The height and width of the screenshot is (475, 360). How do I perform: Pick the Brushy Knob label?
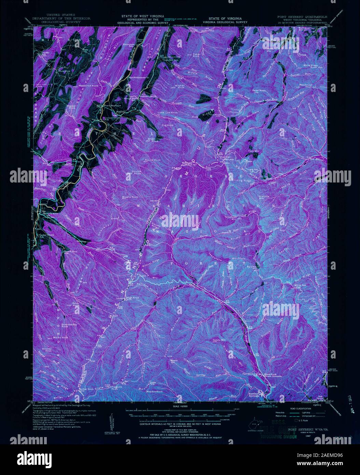[x=130, y=198]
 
